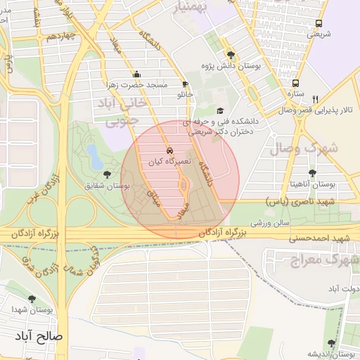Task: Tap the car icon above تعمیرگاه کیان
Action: tap(169, 150)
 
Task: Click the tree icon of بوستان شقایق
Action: tap(107, 174)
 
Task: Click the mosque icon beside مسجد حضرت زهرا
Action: tap(136, 74)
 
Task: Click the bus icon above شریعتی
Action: tap(319, 23)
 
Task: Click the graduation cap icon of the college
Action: tap(220, 110)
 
